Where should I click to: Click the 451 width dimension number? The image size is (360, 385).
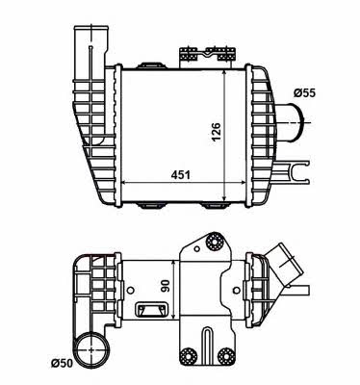click(180, 175)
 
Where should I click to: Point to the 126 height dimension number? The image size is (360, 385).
click(216, 132)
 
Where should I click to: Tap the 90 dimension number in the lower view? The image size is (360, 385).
click(166, 286)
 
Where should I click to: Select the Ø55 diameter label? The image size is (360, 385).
click(304, 93)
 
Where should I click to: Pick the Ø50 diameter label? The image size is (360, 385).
click(62, 363)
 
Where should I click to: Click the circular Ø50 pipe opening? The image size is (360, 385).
click(91, 348)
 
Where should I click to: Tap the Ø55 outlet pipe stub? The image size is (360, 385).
click(292, 122)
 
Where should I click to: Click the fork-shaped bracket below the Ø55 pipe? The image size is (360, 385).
click(292, 172)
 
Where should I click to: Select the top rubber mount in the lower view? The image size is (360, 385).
click(215, 242)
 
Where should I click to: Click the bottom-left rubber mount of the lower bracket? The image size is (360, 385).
click(187, 355)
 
